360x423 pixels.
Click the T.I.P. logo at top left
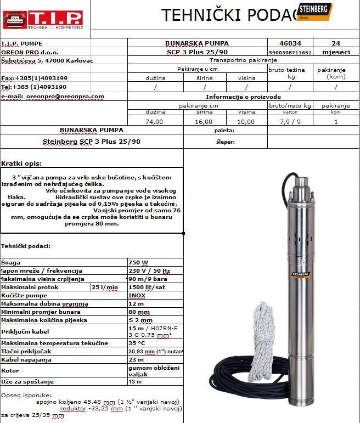(42, 18)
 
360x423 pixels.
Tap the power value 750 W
(138, 263)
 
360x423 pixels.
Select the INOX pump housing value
(137, 295)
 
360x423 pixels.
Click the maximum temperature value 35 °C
(137, 343)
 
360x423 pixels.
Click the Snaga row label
(11, 263)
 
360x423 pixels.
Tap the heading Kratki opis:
(21, 163)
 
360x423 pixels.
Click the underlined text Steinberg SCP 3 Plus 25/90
(91, 142)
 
